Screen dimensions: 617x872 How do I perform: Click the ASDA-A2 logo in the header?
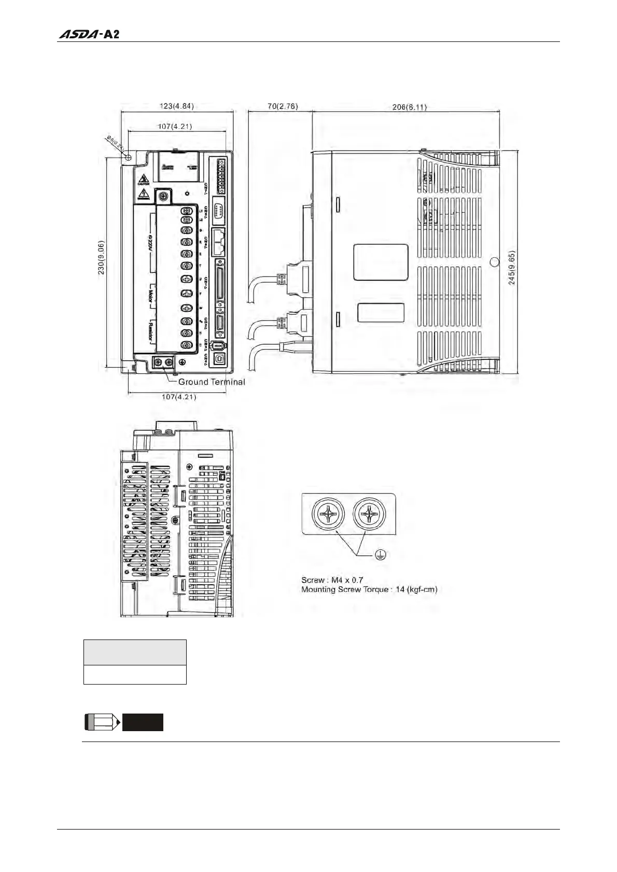90,35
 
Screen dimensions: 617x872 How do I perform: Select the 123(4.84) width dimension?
177,106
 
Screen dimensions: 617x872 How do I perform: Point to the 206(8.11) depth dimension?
410,107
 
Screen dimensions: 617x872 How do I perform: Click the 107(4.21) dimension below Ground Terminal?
179,397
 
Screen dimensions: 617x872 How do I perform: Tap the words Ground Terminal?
212,382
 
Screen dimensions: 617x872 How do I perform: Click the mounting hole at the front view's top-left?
128,156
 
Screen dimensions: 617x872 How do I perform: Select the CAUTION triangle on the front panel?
143,179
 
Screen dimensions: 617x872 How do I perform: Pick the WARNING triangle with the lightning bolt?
143,195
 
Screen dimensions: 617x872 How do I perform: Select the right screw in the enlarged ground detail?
370,515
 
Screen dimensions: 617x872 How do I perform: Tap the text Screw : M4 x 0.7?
332,580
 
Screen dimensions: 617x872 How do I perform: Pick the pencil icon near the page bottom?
102,722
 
